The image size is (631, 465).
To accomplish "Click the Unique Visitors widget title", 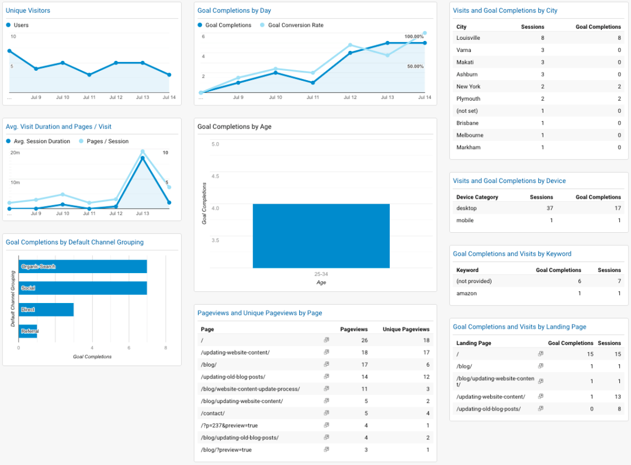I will [x=28, y=11].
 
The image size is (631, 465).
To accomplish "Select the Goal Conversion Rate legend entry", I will [x=295, y=25].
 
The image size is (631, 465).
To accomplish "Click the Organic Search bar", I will [x=82, y=267].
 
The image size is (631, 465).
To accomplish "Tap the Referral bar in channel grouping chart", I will [x=28, y=332].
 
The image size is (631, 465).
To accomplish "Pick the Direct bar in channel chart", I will [x=46, y=309].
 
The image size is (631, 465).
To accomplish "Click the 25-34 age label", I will [x=321, y=274].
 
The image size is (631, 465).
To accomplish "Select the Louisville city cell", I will [x=468, y=38].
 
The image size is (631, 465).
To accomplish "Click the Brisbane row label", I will [x=467, y=123].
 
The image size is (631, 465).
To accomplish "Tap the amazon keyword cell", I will [x=466, y=294].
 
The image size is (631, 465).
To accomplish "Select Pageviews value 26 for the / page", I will [x=364, y=340].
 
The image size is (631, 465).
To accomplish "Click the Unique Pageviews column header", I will [x=406, y=329].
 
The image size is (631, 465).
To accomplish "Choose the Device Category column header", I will [x=477, y=197].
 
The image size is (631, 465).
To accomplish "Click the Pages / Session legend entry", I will [x=107, y=141].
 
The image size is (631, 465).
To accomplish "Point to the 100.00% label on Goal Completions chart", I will [x=414, y=37].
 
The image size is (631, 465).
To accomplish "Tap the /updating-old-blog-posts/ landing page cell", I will [x=488, y=409].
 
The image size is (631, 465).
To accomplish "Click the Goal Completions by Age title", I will [x=234, y=126].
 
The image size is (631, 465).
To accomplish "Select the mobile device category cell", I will [x=465, y=221].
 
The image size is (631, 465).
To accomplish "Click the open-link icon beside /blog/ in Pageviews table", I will [x=327, y=364].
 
